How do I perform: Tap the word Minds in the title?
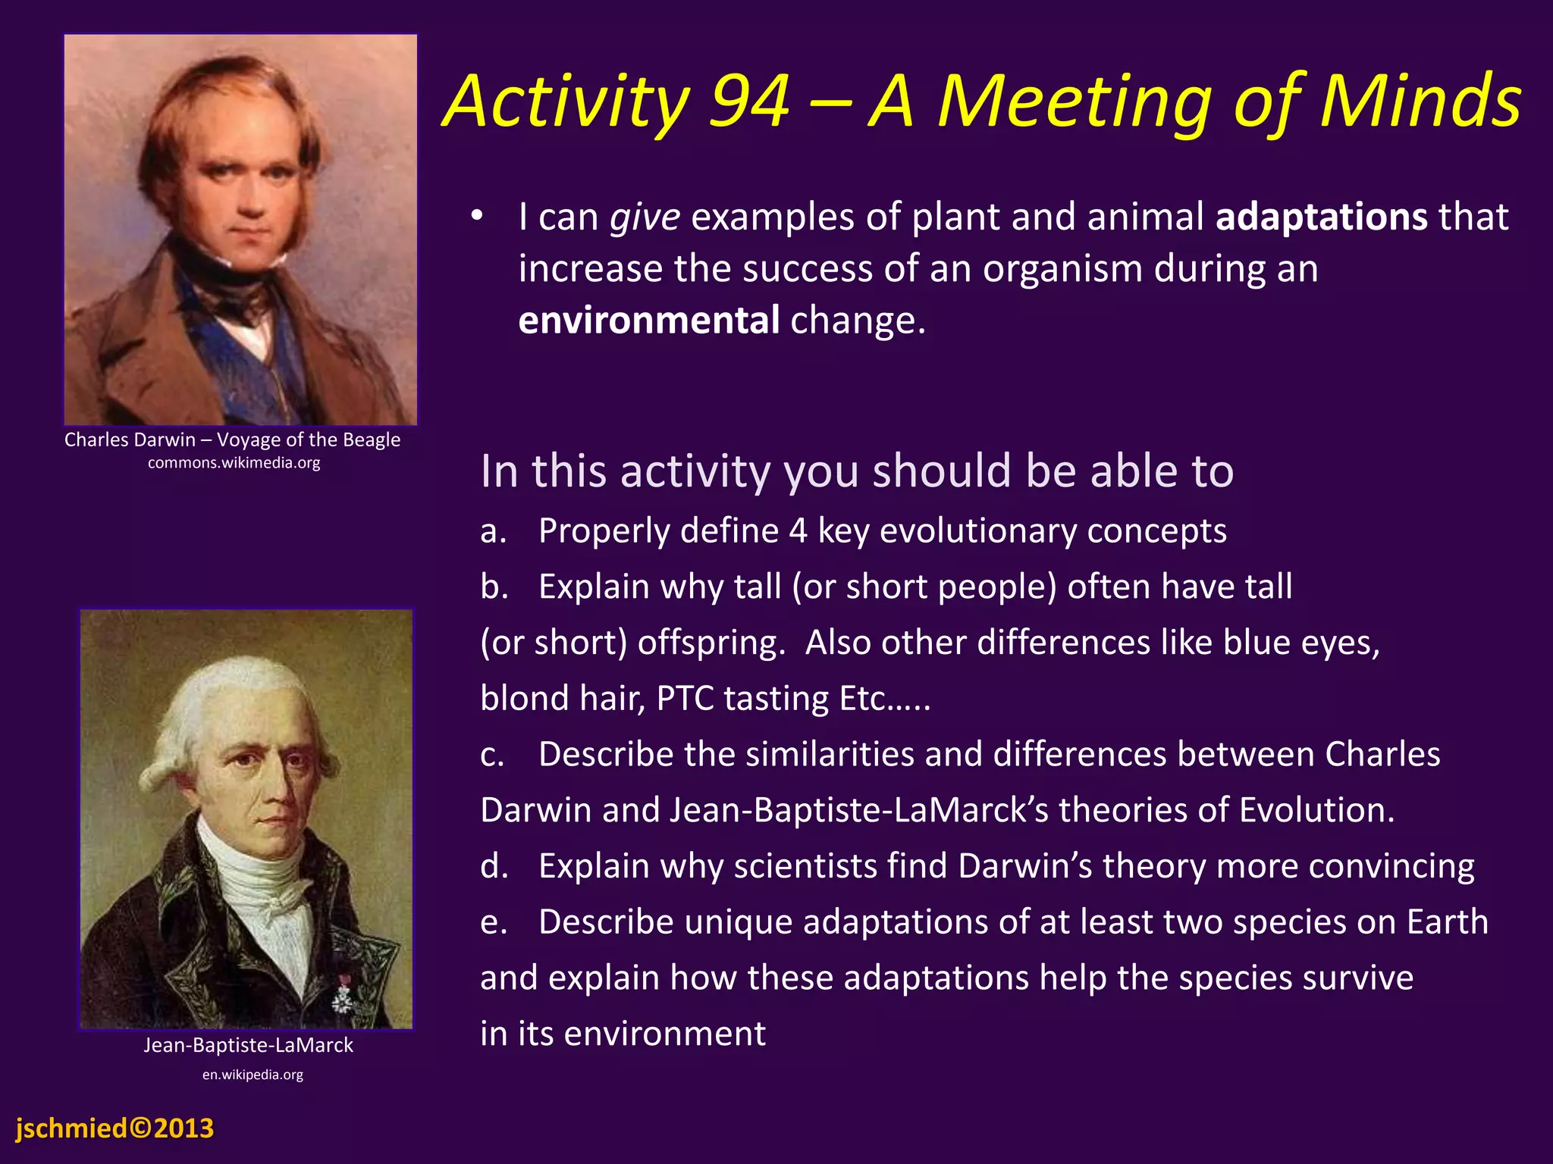[x=1420, y=102]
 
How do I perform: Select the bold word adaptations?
[x=1322, y=217]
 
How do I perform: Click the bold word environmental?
[x=648, y=321]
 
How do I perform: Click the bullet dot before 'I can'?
[x=476, y=217]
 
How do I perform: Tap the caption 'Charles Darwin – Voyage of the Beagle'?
[x=232, y=440]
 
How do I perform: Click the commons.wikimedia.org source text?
[x=234, y=463]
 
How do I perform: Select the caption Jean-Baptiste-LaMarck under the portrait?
[x=248, y=1046]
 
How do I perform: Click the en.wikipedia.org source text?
[x=253, y=1075]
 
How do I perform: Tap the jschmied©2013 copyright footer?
[x=115, y=1128]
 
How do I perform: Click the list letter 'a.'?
[x=493, y=531]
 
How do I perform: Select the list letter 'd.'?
[x=494, y=867]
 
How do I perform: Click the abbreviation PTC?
[x=685, y=699]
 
